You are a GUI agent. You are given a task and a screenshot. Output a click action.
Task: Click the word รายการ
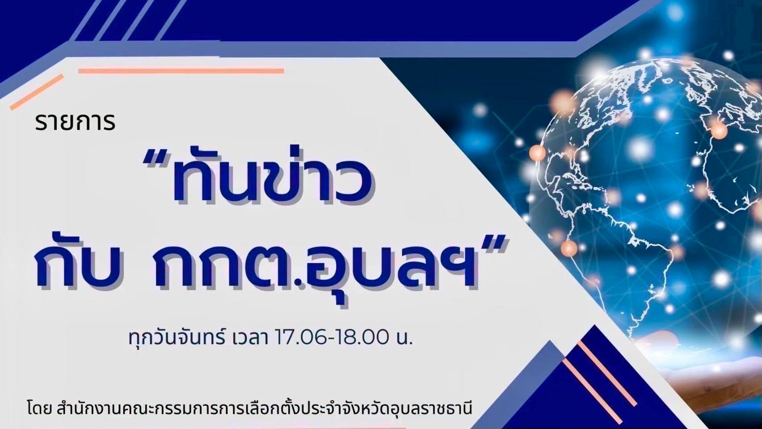(x=75, y=123)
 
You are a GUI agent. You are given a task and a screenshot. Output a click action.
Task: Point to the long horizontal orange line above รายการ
(x=181, y=71)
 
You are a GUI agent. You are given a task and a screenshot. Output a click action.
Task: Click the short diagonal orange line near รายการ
(x=37, y=92)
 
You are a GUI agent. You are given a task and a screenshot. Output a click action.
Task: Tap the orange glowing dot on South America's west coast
(x=569, y=247)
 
